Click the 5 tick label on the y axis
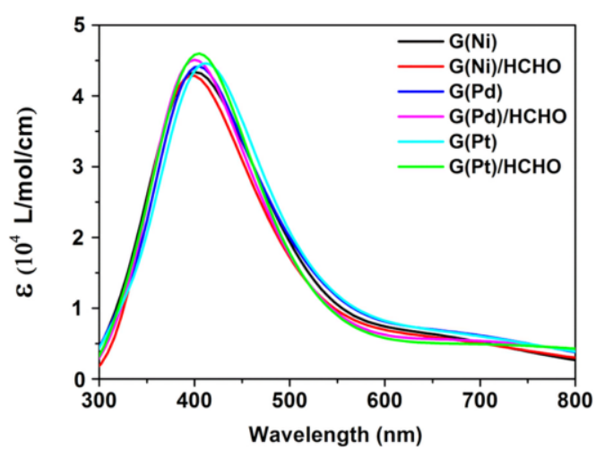[80, 25]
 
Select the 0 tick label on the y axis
[80, 379]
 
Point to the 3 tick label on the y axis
[80, 167]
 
